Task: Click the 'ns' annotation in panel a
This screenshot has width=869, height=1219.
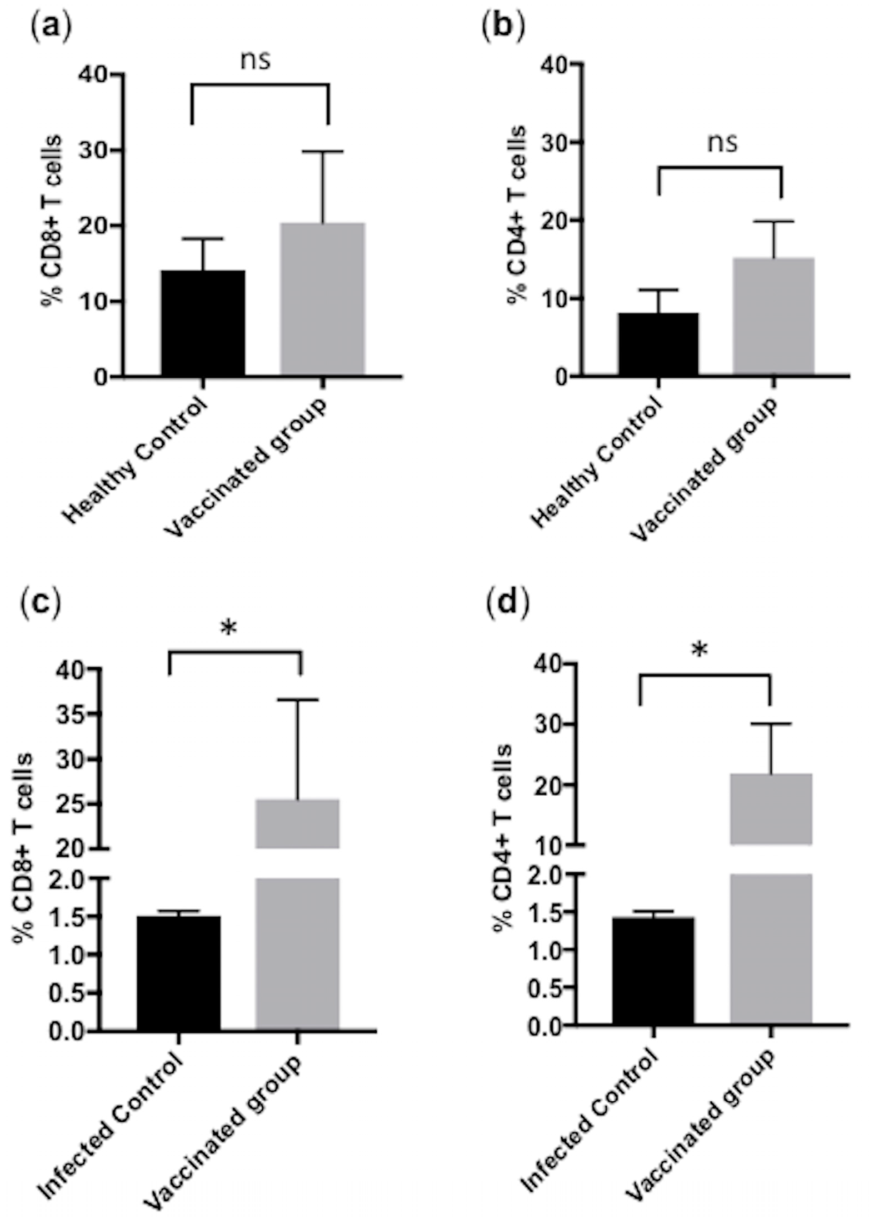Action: [256, 60]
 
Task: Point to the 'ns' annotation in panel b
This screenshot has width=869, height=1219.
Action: [722, 143]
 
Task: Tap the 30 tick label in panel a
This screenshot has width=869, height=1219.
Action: [93, 151]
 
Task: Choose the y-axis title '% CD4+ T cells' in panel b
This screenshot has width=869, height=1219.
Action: [517, 215]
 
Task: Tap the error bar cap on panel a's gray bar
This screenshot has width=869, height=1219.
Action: [323, 151]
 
